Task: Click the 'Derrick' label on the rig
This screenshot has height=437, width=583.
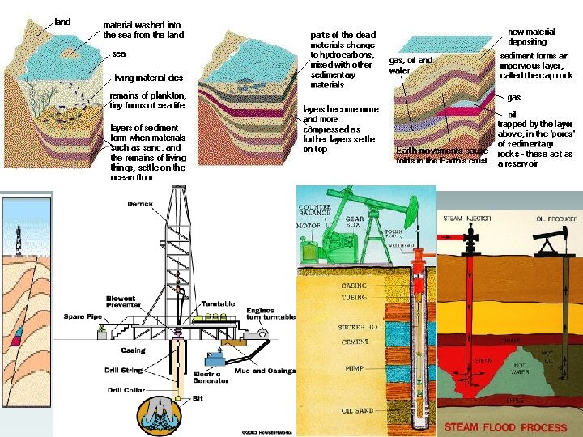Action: (x=140, y=204)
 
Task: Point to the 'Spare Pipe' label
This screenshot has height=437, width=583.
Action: (x=80, y=316)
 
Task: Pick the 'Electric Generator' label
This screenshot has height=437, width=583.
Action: (x=207, y=377)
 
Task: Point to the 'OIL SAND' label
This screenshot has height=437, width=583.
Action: (x=357, y=410)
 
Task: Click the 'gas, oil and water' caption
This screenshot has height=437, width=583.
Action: (x=411, y=65)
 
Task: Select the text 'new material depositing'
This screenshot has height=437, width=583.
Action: (x=527, y=36)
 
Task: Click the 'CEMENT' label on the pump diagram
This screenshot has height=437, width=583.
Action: (x=355, y=342)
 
